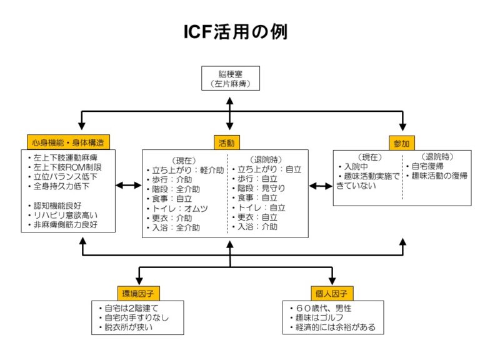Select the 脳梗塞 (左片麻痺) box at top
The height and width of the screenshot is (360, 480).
230,78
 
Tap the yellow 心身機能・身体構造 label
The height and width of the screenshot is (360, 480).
69,142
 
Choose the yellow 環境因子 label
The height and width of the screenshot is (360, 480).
138,292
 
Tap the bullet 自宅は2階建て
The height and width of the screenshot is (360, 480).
131,308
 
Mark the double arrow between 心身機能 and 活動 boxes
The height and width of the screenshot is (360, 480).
129,186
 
